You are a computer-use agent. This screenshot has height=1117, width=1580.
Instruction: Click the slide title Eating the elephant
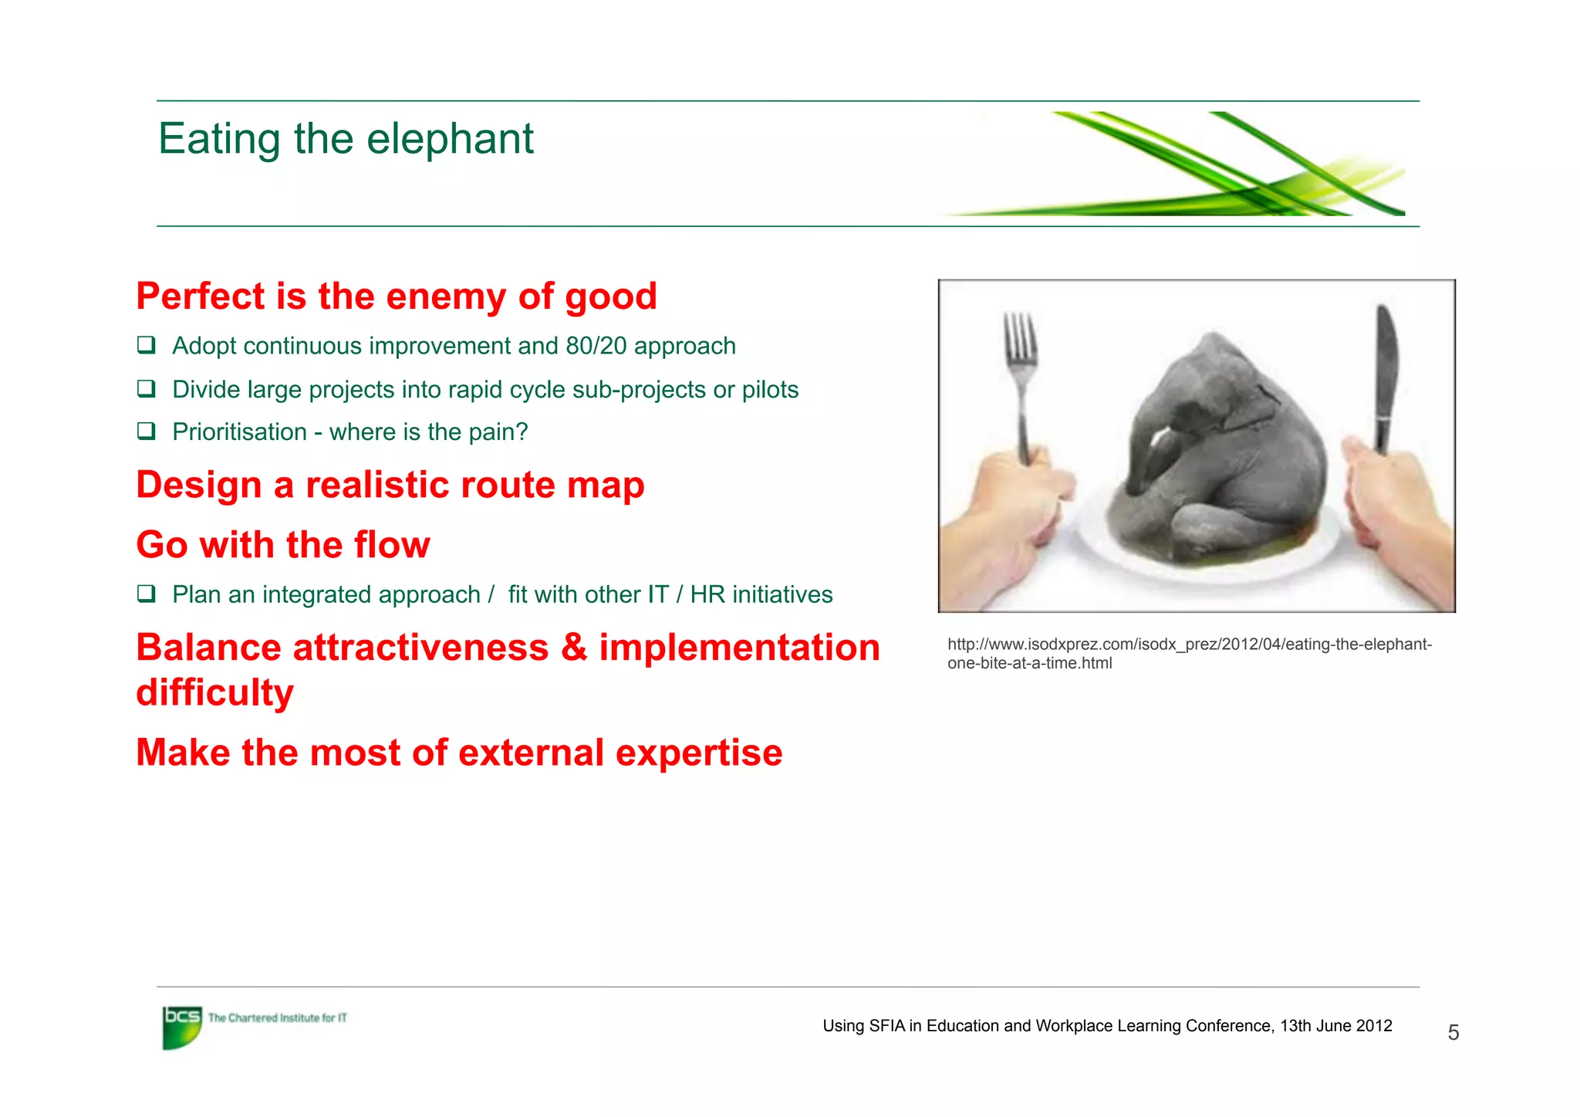[346, 139]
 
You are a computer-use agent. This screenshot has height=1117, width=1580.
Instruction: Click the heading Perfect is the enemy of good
[397, 296]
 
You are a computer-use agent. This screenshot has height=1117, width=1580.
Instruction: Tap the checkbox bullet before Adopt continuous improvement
[147, 345]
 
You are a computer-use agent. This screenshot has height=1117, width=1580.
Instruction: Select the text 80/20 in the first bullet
[596, 346]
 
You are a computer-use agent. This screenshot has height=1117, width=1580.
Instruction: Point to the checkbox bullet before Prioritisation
[147, 431]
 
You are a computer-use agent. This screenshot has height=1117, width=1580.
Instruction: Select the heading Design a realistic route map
[390, 486]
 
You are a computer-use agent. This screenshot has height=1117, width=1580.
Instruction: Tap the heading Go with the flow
[283, 545]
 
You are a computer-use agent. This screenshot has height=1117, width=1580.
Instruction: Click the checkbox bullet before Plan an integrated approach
[147, 594]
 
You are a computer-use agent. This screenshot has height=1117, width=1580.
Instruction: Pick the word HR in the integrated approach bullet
[707, 594]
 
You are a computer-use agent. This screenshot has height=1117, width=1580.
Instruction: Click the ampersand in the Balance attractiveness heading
[574, 648]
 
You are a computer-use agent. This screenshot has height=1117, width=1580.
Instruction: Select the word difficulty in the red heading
[215, 692]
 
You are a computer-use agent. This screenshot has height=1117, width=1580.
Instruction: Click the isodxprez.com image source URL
[1189, 653]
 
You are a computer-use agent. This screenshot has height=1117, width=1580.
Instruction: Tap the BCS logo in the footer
[182, 1026]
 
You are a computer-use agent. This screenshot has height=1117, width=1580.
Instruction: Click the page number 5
[1453, 1033]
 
